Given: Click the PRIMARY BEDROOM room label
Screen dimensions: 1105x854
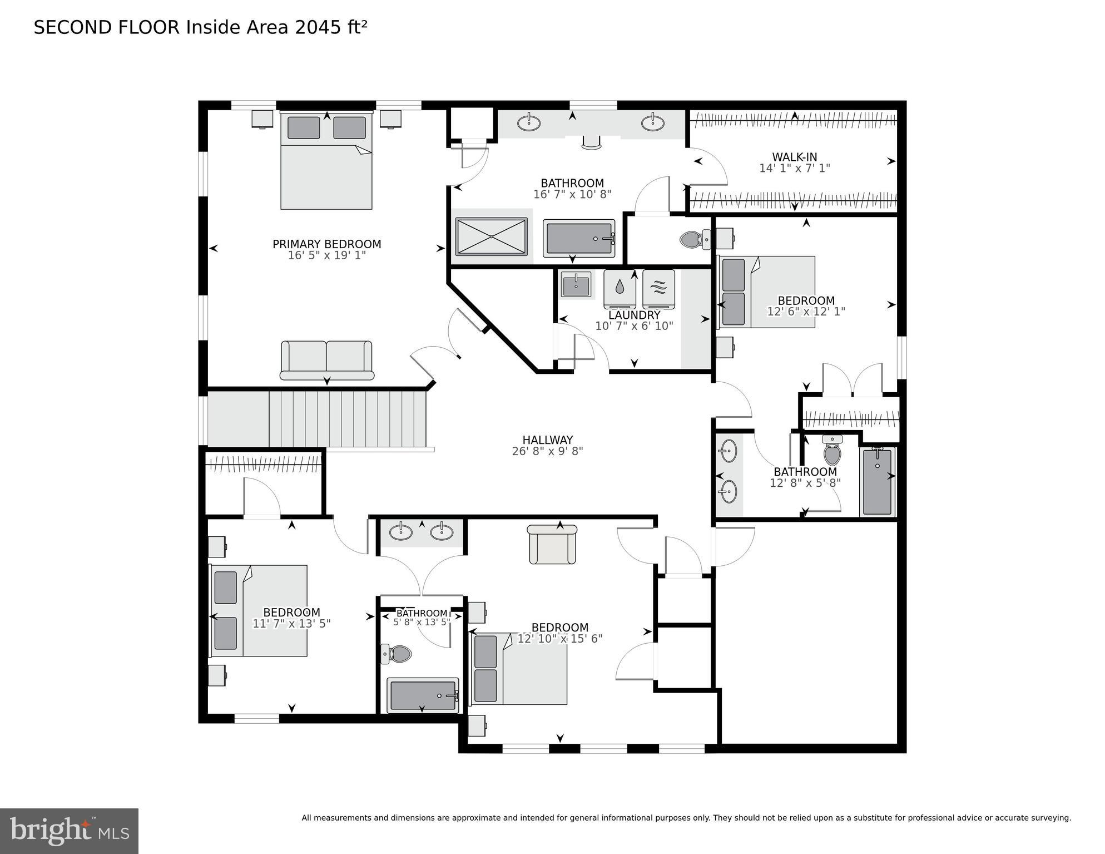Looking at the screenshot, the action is coord(326,244).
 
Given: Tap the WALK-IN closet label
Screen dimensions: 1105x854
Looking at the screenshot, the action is coord(794,157).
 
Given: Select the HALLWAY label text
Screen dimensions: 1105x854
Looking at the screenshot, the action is coord(547,440).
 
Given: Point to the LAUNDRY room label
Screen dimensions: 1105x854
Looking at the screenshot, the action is coord(634,315).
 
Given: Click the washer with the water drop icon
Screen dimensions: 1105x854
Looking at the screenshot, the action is coord(620,289).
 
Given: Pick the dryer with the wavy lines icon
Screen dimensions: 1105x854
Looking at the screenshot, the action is coord(658,289).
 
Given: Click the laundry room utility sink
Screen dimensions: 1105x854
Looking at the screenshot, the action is coord(576,285).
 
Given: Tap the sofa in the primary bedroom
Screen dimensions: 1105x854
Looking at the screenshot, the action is coord(326,361).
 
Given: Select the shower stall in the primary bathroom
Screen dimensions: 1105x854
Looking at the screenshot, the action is coord(492,237).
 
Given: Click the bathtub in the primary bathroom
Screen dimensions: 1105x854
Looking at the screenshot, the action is coord(579,239).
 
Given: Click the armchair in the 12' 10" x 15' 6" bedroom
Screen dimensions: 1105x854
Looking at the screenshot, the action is coord(552,544).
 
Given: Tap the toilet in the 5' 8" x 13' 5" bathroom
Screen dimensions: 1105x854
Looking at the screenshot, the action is coord(396,654).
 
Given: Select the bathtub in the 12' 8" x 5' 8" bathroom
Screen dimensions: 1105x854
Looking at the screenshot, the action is coord(878,482).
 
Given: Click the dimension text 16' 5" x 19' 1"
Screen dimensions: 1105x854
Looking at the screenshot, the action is coord(326,256).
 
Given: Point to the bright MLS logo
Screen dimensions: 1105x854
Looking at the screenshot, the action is coord(70,831).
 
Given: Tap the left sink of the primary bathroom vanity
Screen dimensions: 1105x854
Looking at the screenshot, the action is coord(529,122).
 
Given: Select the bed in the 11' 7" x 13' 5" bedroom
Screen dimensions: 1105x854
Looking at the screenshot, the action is coord(258,610).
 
